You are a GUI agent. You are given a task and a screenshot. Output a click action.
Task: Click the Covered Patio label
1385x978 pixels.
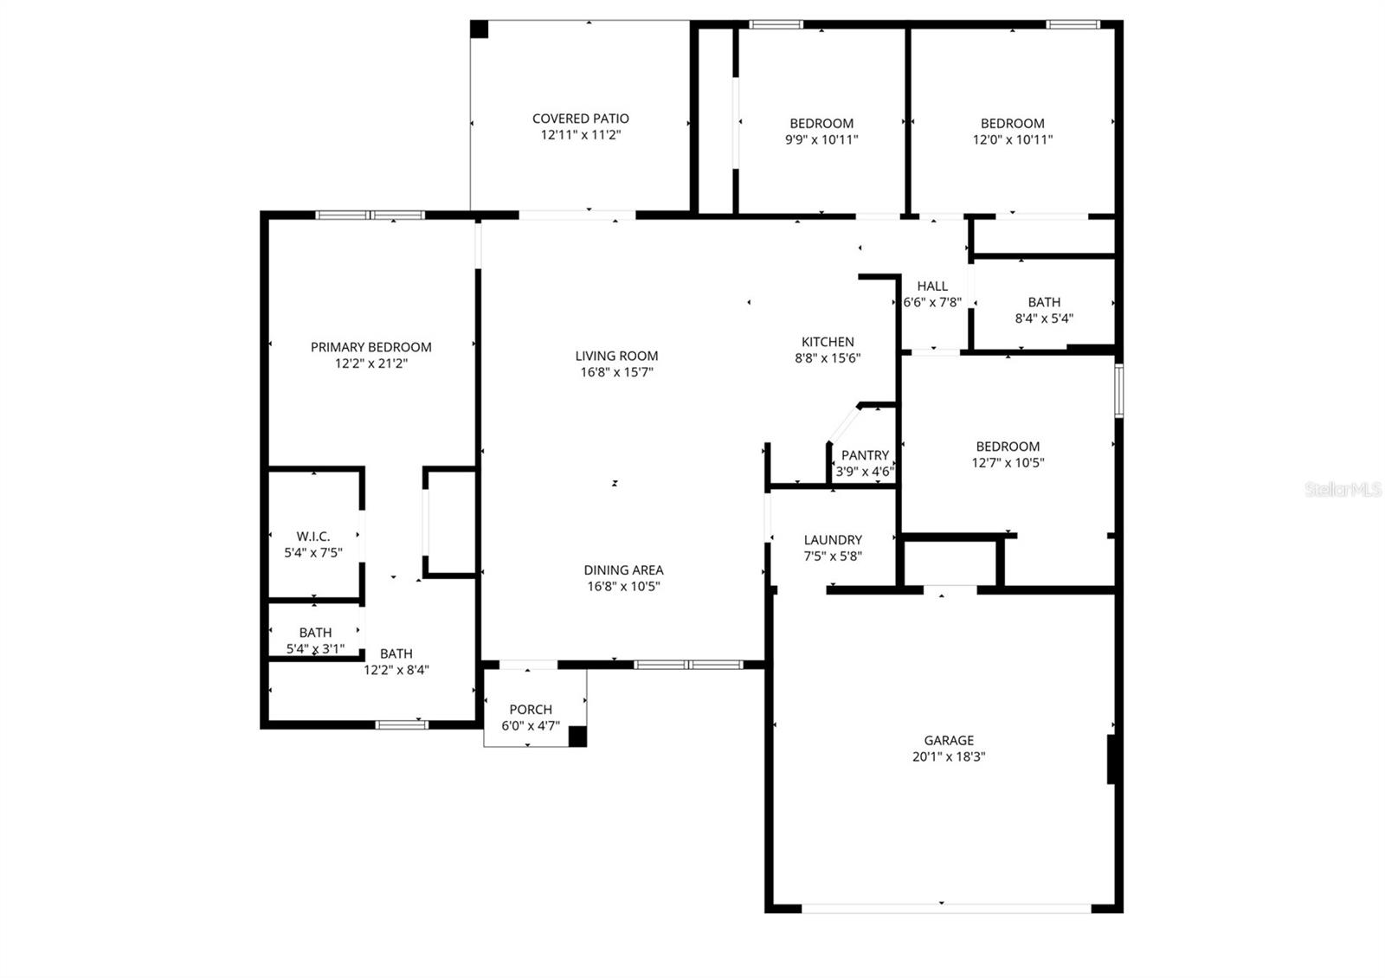point(580,119)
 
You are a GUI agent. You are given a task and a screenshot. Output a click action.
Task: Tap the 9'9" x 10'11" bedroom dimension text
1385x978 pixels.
point(821,139)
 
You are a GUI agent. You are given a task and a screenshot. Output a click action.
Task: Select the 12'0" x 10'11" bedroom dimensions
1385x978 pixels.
point(1012,139)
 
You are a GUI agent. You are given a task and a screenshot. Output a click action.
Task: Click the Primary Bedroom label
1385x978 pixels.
point(370,347)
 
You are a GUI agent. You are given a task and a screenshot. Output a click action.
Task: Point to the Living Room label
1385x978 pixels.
point(616,356)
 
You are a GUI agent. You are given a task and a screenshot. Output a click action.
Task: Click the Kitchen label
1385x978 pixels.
point(828,342)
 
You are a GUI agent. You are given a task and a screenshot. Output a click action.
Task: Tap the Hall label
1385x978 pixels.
point(932,286)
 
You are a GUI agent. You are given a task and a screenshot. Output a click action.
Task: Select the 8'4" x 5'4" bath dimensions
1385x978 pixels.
point(1044,318)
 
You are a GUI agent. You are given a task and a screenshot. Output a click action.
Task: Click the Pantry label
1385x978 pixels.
point(865,455)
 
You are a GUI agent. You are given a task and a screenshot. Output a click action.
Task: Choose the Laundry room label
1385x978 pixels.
point(833,540)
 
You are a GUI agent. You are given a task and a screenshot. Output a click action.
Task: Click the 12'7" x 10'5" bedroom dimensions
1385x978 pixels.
point(1008,462)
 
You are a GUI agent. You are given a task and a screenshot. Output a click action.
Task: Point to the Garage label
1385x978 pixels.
point(949,740)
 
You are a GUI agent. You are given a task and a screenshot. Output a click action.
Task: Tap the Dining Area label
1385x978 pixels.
point(623,570)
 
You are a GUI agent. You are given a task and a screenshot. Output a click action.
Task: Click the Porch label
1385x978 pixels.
point(531,710)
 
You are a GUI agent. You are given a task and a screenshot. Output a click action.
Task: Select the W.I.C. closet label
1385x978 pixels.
point(313,537)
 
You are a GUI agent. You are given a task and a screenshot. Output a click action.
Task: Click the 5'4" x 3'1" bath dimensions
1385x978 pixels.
point(315,648)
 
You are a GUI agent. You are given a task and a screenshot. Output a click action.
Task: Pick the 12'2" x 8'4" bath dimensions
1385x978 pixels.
point(396,669)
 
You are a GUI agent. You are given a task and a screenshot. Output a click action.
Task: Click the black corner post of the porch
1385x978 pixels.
point(577,737)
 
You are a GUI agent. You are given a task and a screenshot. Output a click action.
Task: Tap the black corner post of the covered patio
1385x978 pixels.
point(480,29)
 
